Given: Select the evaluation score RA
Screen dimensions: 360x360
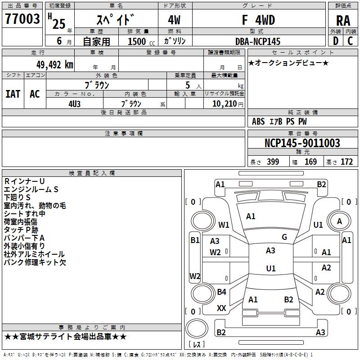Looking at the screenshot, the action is pos(343,21).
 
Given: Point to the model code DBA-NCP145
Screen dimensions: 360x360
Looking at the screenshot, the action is pos(257,41).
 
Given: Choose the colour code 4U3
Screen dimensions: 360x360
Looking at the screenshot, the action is pos(74,103).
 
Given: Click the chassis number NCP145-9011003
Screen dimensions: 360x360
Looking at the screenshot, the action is pos(302,143).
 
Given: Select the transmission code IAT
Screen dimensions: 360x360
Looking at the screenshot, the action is pos(13,94).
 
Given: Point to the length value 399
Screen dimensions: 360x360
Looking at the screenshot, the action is pos(273,162).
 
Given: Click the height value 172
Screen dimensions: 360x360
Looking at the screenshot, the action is pos(346,162).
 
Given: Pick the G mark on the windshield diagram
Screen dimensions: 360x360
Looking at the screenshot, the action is pos(284,237).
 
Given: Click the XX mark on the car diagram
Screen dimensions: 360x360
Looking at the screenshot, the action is pos(221,308).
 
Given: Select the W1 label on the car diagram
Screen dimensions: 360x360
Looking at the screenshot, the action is pos(224,225).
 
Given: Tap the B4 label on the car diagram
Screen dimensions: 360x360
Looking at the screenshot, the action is pos(221,292).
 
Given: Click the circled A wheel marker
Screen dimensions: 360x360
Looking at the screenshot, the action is pos(339,221).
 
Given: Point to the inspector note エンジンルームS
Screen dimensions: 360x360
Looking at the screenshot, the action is pos(31,189).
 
